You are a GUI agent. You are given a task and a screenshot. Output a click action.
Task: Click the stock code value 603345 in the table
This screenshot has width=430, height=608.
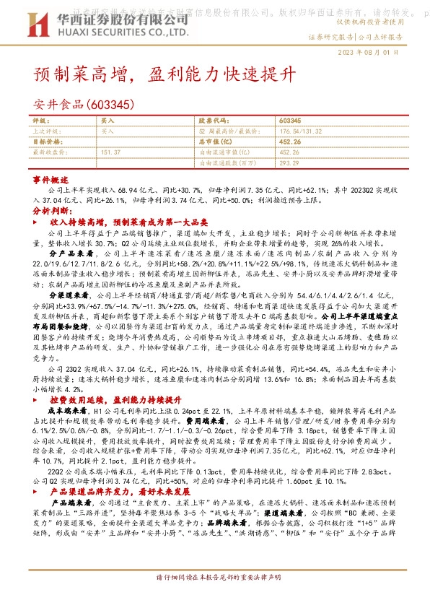click(x=289, y=121)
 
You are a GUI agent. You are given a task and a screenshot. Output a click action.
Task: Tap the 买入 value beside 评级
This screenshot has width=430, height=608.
click(x=107, y=121)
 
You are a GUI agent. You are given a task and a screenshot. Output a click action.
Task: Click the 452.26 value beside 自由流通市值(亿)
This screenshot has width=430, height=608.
click(x=289, y=152)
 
